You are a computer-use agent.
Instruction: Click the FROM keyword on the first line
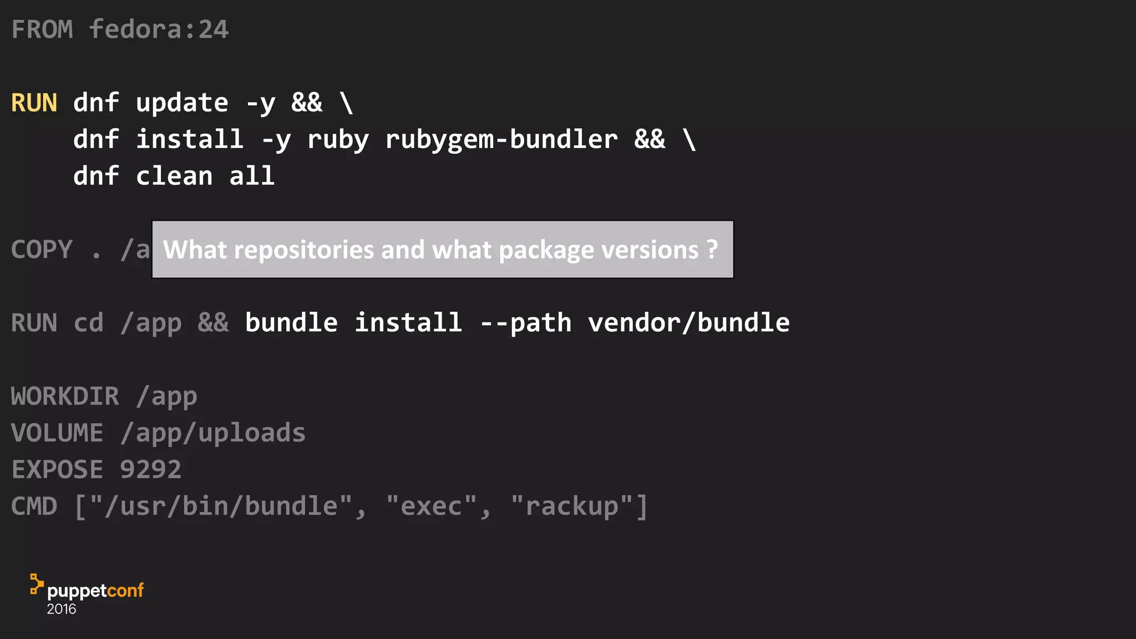42,29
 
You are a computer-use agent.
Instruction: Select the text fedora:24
159,29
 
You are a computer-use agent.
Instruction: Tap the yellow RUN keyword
34,103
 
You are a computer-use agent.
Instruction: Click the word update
182,103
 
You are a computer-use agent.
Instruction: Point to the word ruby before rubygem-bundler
338,140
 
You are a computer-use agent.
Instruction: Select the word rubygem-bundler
501,140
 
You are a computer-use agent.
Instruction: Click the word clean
174,176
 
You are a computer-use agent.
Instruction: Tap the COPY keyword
42,250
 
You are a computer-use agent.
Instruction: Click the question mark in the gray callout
712,250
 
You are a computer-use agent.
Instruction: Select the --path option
525,323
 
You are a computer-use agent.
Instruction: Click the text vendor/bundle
689,323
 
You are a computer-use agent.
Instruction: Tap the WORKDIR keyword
65,397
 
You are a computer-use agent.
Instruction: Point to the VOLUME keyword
58,433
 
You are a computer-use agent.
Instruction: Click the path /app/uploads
213,433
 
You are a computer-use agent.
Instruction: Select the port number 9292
151,470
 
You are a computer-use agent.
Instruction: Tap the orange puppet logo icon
36,584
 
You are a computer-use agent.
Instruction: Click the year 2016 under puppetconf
62,609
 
